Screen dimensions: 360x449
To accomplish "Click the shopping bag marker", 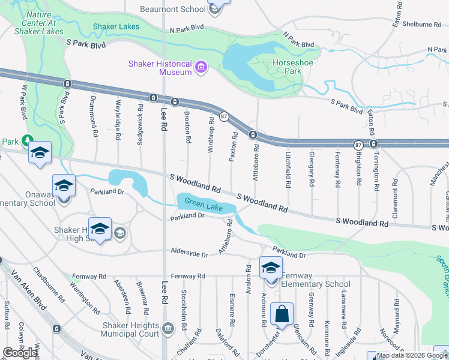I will pyautogui.click(x=281, y=315).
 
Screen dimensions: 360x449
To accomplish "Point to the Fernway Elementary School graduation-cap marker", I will pyautogui.click(x=271, y=268).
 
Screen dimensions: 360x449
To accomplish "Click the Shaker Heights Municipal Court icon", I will pyautogui.click(x=167, y=328).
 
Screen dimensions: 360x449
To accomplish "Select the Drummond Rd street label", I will pyautogui.click(x=93, y=116).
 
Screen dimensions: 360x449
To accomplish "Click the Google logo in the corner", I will pyautogui.click(x=20, y=353).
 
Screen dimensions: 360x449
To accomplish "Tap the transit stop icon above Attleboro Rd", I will pyautogui.click(x=253, y=134).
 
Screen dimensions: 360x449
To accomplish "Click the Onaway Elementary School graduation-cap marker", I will pyautogui.click(x=64, y=185).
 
